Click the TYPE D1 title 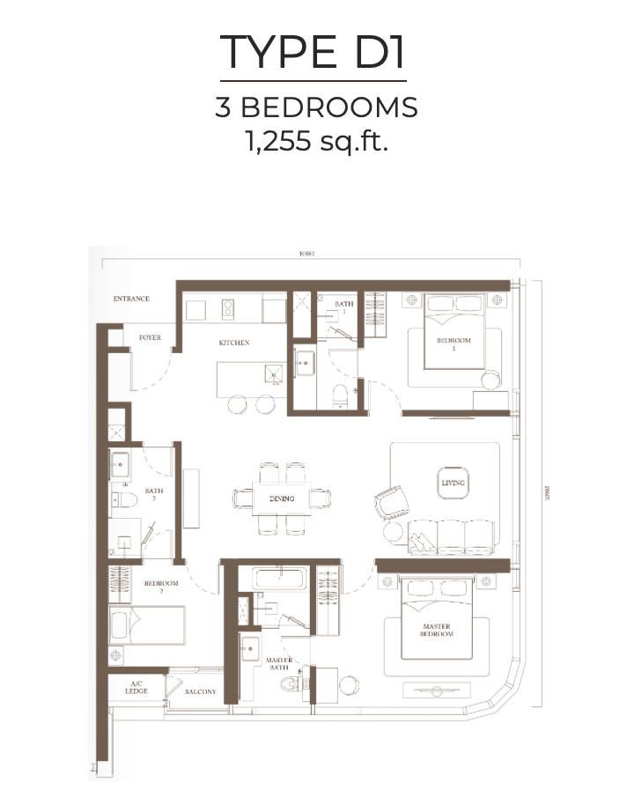[x=313, y=52]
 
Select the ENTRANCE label [x=131, y=299]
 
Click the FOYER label [x=150, y=337]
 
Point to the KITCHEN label [x=234, y=343]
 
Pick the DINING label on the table [x=282, y=499]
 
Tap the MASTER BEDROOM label [x=436, y=630]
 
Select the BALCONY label [x=201, y=691]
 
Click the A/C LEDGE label [x=136, y=688]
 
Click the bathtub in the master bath [x=280, y=579]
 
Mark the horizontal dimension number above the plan [x=306, y=255]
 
